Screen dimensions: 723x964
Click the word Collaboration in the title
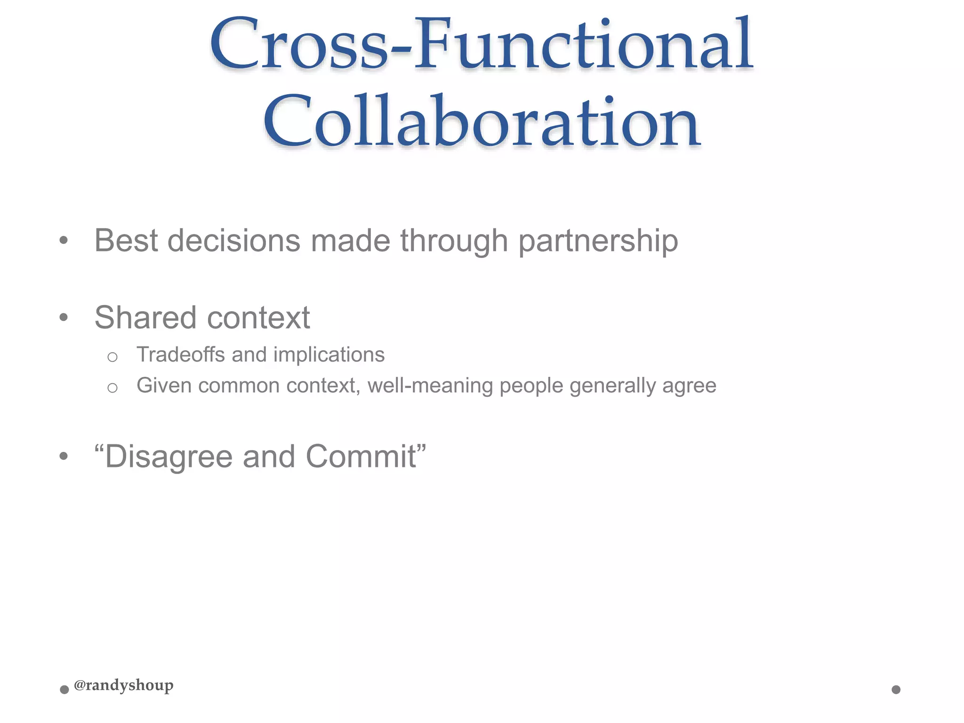click(x=482, y=121)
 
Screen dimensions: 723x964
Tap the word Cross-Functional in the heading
click(x=481, y=45)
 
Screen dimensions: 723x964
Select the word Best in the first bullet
click(x=126, y=241)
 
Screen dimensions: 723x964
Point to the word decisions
click(x=233, y=241)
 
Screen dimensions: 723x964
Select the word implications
click(x=329, y=355)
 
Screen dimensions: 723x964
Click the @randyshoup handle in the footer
click(x=124, y=685)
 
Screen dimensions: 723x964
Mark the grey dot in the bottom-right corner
click(x=896, y=690)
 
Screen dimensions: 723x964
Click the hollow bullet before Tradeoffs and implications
click(x=112, y=357)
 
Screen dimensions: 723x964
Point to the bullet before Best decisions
click(x=64, y=241)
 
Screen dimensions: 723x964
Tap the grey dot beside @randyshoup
click(x=64, y=690)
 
